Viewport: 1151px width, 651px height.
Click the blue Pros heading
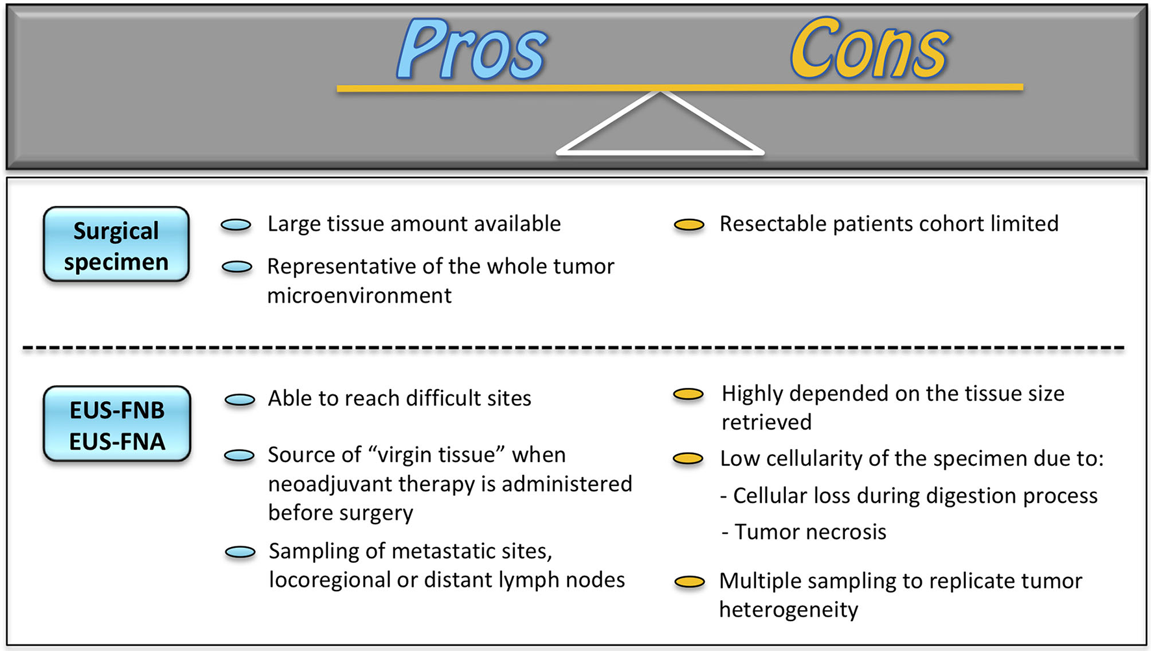pyautogui.click(x=472, y=51)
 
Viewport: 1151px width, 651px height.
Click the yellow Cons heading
pyautogui.click(x=869, y=51)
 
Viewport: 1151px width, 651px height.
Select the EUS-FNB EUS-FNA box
pyautogui.click(x=117, y=425)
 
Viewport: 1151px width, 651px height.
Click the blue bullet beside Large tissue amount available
pyautogui.click(x=236, y=225)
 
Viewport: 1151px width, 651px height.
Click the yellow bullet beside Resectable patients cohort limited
pyautogui.click(x=689, y=225)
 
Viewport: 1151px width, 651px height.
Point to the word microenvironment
pyautogui.click(x=359, y=296)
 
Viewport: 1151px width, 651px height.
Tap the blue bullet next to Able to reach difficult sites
pyautogui.click(x=240, y=400)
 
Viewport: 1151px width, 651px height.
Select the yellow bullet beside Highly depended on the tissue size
pyautogui.click(x=689, y=394)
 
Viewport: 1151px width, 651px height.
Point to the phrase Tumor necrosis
pyautogui.click(x=810, y=532)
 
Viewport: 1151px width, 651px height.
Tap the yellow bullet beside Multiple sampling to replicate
pyautogui.click(x=689, y=582)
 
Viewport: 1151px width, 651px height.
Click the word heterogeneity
pyautogui.click(x=789, y=610)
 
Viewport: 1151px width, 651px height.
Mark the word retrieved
pyautogui.click(x=766, y=422)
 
